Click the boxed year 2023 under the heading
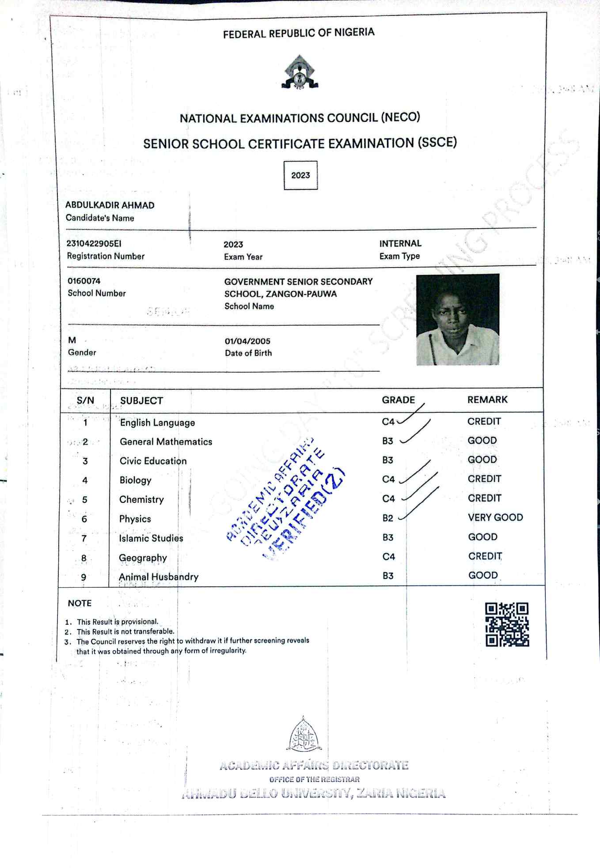tap(300, 175)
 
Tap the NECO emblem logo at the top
tap(300, 73)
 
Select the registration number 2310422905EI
tap(94, 243)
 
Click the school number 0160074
tap(84, 281)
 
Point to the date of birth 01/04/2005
tap(247, 341)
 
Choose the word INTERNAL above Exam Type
tap(400, 243)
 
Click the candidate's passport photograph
tap(458, 320)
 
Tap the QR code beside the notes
tap(507, 624)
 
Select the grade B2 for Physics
tap(388, 518)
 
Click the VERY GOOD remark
tap(495, 517)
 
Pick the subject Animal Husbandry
tap(159, 577)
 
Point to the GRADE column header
tap(398, 400)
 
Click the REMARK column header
tap(487, 400)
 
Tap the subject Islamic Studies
tap(151, 538)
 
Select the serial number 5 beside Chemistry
tap(84, 500)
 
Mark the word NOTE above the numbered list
tap(80, 603)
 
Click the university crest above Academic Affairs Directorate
tap(304, 735)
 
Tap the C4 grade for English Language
tap(388, 422)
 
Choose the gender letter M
tap(72, 340)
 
